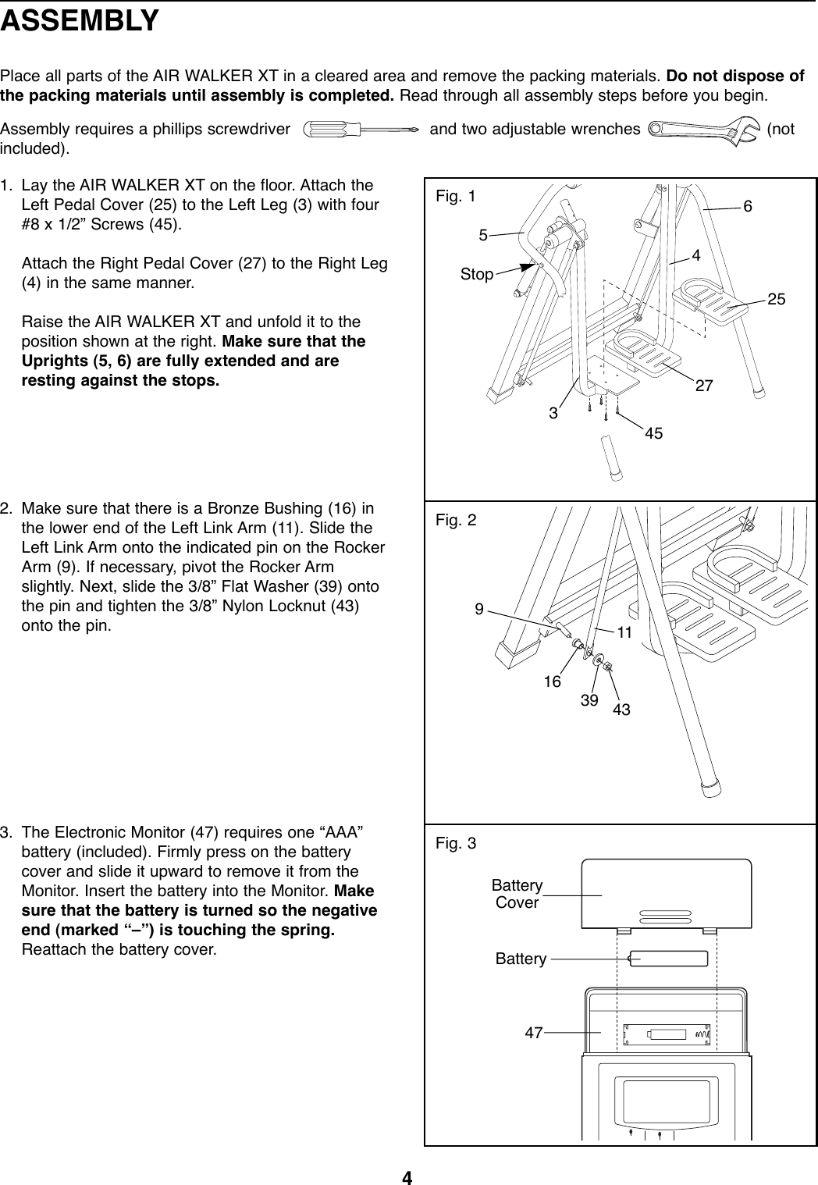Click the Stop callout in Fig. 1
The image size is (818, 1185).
476,275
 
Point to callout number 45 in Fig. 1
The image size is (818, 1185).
653,432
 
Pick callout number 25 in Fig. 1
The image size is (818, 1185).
776,300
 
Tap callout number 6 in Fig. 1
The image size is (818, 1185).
748,206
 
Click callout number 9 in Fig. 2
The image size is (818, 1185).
479,606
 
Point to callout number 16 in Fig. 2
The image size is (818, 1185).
553,681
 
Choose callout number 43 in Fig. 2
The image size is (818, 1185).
621,710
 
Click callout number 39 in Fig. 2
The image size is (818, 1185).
589,700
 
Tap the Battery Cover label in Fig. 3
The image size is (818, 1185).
517,894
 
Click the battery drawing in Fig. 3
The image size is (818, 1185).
669,958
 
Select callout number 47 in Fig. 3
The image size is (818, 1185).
534,1032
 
